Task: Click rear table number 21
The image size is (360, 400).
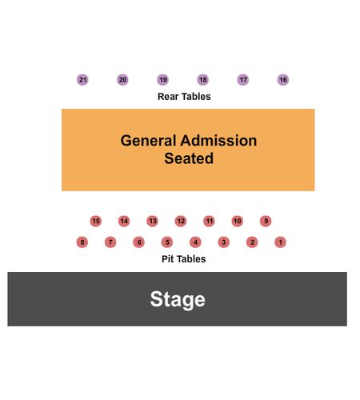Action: pyautogui.click(x=82, y=80)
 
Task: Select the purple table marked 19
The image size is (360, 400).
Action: pyautogui.click(x=162, y=80)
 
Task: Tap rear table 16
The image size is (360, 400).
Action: pyautogui.click(x=283, y=80)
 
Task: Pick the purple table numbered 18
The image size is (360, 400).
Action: pyautogui.click(x=202, y=80)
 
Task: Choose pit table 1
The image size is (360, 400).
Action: pyautogui.click(x=280, y=242)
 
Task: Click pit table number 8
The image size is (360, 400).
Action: pyautogui.click(x=82, y=242)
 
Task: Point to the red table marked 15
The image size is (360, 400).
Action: pyautogui.click(x=96, y=221)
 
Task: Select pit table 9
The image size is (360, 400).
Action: pyautogui.click(x=266, y=221)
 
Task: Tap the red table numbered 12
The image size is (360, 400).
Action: pyautogui.click(x=181, y=221)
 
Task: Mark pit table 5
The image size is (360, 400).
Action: pyautogui.click(x=167, y=242)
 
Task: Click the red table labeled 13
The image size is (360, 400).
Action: pyautogui.click(x=152, y=221)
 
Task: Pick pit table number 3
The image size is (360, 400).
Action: pyautogui.click(x=224, y=242)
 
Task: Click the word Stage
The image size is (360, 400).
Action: pyautogui.click(x=178, y=300)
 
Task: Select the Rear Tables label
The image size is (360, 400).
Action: pyautogui.click(x=184, y=97)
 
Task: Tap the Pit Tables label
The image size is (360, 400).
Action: pyautogui.click(x=184, y=259)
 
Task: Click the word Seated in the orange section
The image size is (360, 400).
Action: pyautogui.click(x=189, y=158)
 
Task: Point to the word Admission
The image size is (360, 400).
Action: pyautogui.click(x=218, y=141)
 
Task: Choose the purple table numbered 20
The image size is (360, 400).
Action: pyautogui.click(x=122, y=80)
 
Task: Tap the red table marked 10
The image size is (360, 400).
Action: pyautogui.click(x=238, y=221)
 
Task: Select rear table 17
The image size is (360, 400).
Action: pyautogui.click(x=243, y=80)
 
